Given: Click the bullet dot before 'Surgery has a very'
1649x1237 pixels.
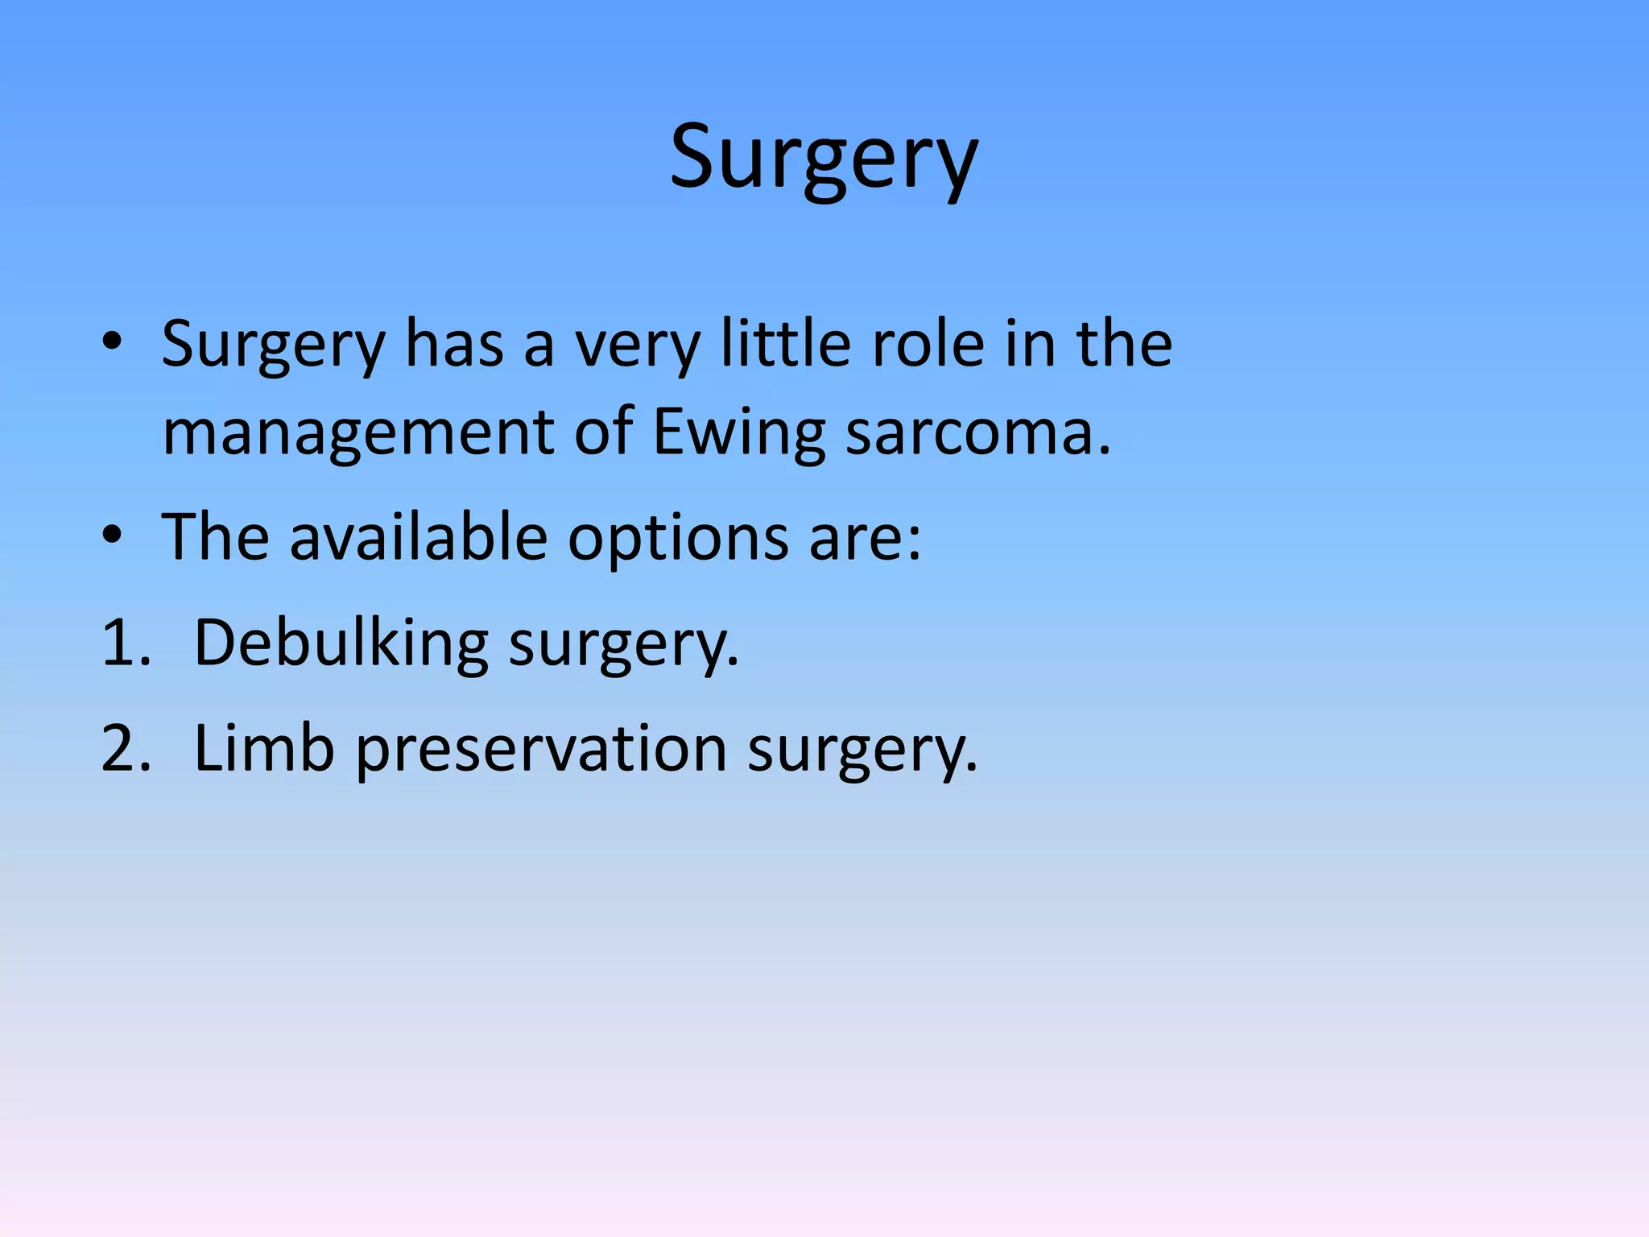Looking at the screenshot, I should (113, 341).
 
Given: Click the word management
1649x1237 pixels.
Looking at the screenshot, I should (357, 432).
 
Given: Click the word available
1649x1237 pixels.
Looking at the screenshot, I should (418, 536).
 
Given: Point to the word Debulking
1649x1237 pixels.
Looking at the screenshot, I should (341, 643).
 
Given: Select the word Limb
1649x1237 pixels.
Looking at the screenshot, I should (264, 748).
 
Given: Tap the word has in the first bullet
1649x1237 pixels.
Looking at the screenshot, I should (454, 343).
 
